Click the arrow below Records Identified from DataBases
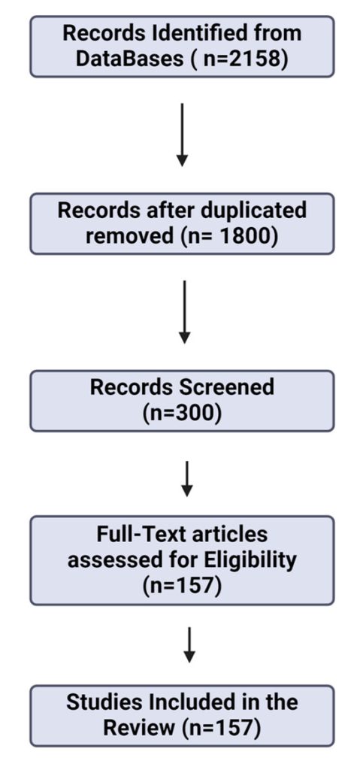coord(182,135)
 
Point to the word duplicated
coord(253,211)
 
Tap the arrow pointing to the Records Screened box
coord(184,312)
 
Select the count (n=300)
coord(182,414)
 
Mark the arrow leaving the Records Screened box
coord(186,479)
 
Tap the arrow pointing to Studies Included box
coord(189,644)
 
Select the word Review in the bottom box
coord(138,729)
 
